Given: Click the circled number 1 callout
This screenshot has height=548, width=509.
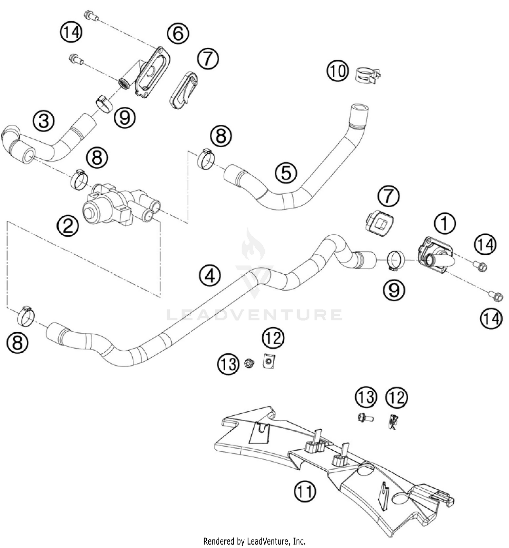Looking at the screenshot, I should pos(444,223).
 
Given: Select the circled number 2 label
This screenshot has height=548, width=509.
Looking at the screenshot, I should pos(68,226).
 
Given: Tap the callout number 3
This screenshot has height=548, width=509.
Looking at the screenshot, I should pos(44,121).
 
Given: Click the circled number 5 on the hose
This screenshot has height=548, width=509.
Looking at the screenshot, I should pos(286,172).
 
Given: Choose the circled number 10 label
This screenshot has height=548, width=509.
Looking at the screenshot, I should pos(338,71).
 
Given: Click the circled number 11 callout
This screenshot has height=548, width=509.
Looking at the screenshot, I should pos(305,491).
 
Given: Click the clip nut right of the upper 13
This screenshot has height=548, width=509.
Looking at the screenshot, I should pos(269,361).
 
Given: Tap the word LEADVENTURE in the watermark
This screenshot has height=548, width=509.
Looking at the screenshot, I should pos(254,315).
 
